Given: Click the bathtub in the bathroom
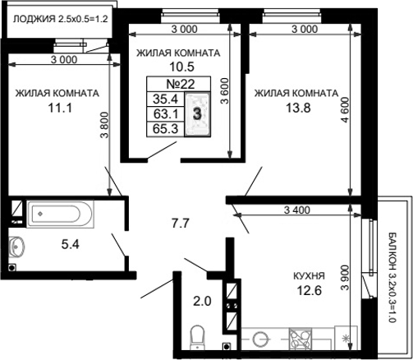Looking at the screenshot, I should (x=57, y=215).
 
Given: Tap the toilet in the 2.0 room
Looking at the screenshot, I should (x=196, y=337).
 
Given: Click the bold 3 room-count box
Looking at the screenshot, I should (x=197, y=113).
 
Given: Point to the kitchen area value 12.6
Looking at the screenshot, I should (x=309, y=290).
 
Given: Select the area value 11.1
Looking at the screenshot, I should (x=57, y=108).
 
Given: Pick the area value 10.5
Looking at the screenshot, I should (x=179, y=67).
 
